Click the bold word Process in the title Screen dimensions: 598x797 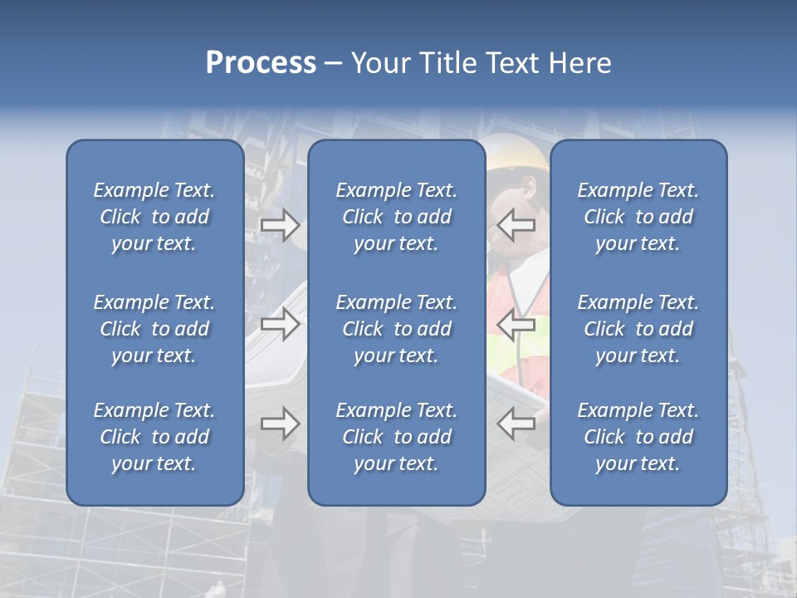coord(261,63)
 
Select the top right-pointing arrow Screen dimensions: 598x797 coord(280,225)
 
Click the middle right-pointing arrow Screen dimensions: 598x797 coord(280,324)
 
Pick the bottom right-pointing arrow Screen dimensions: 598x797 coord(280,424)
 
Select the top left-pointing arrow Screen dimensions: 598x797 coord(516,225)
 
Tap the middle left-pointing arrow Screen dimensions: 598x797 coord(516,324)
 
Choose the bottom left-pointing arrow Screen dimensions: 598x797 coord(516,424)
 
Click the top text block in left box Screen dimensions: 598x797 coord(154,217)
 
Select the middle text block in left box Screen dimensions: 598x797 coord(154,329)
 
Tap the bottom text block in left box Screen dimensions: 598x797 coord(154,437)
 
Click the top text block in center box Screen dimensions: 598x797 coord(396,217)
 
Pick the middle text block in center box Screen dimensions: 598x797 coord(396,329)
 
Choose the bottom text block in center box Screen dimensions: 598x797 coord(396,437)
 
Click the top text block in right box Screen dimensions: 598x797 coord(638,217)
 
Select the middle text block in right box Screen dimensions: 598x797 coord(638,329)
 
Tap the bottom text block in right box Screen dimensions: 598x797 coord(638,437)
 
